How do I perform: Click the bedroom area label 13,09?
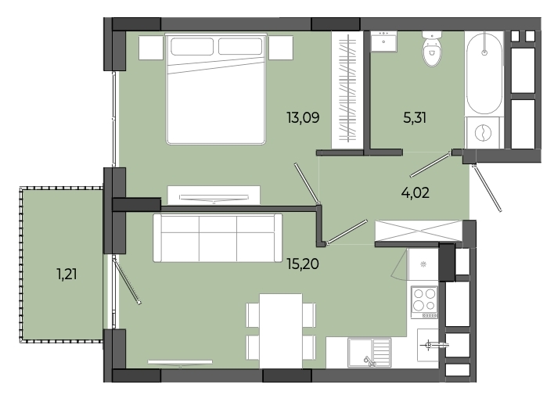click(303, 117)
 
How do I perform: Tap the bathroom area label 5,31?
click(415, 117)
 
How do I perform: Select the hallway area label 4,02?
click(415, 193)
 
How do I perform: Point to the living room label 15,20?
click(303, 264)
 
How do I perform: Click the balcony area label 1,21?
click(67, 274)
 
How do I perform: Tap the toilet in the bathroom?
click(432, 48)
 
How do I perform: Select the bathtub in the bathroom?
click(484, 74)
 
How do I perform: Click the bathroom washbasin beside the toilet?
click(383, 41)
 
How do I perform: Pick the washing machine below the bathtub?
click(484, 133)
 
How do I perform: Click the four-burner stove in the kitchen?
click(424, 302)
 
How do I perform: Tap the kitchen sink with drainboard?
click(369, 352)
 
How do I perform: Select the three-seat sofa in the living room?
click(218, 238)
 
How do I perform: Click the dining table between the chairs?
click(281, 331)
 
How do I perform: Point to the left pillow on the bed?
click(192, 46)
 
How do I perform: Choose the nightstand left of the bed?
click(151, 48)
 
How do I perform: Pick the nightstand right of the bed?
click(281, 48)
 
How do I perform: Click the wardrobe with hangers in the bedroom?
click(347, 90)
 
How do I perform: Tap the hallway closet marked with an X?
click(419, 231)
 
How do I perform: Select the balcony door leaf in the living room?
click(128, 282)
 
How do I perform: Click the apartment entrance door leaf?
click(487, 188)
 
